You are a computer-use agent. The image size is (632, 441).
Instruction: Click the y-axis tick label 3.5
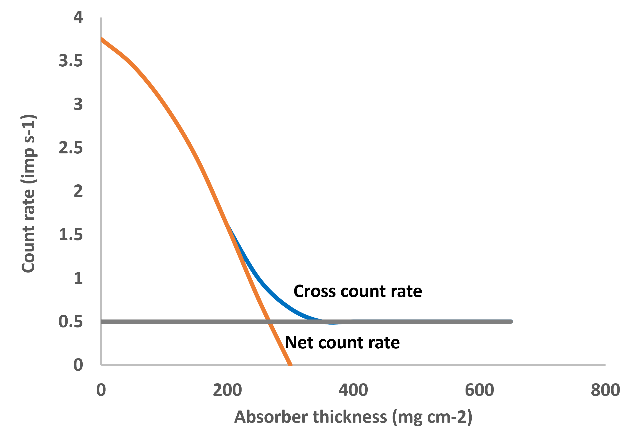click(x=71, y=61)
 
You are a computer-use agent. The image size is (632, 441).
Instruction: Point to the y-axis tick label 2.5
click(x=71, y=148)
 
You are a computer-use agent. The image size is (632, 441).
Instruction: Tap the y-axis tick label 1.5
click(x=71, y=235)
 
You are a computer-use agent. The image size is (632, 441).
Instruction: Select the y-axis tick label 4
click(x=78, y=17)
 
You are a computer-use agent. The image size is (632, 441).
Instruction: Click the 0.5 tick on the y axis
click(x=71, y=322)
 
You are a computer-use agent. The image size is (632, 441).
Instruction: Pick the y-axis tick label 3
click(x=78, y=105)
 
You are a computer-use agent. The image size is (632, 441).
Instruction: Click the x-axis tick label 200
click(x=227, y=390)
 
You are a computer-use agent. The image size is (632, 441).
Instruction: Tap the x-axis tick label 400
click(x=353, y=390)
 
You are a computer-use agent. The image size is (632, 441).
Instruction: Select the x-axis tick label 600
click(x=479, y=390)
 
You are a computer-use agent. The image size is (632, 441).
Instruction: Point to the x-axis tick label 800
click(x=605, y=390)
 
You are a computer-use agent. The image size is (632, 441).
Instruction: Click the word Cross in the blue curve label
click(x=314, y=291)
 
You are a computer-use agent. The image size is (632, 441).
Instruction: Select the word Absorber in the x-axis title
click(x=271, y=417)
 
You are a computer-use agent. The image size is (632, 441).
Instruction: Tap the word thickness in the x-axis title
click(x=350, y=417)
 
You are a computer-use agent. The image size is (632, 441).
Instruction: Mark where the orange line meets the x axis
click(x=290, y=365)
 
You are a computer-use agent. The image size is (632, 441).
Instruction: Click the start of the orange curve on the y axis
click(x=102, y=40)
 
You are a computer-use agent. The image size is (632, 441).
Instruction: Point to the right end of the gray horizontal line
click(x=511, y=322)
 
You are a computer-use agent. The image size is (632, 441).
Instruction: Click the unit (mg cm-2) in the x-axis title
click(x=432, y=417)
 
